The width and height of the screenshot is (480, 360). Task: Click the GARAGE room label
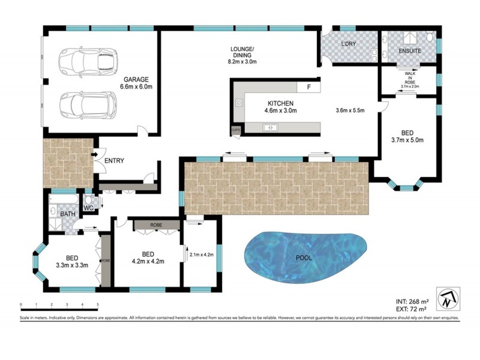136,80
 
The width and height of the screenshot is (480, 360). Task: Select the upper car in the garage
87,62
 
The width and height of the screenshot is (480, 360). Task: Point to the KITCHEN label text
281,103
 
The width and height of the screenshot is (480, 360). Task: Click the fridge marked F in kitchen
308,88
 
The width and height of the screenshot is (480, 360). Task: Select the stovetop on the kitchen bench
239,103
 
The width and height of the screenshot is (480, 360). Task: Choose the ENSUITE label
410,51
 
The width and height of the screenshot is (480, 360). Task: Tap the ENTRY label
114,160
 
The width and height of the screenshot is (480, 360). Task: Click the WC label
88,208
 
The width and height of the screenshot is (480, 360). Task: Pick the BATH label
67,214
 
